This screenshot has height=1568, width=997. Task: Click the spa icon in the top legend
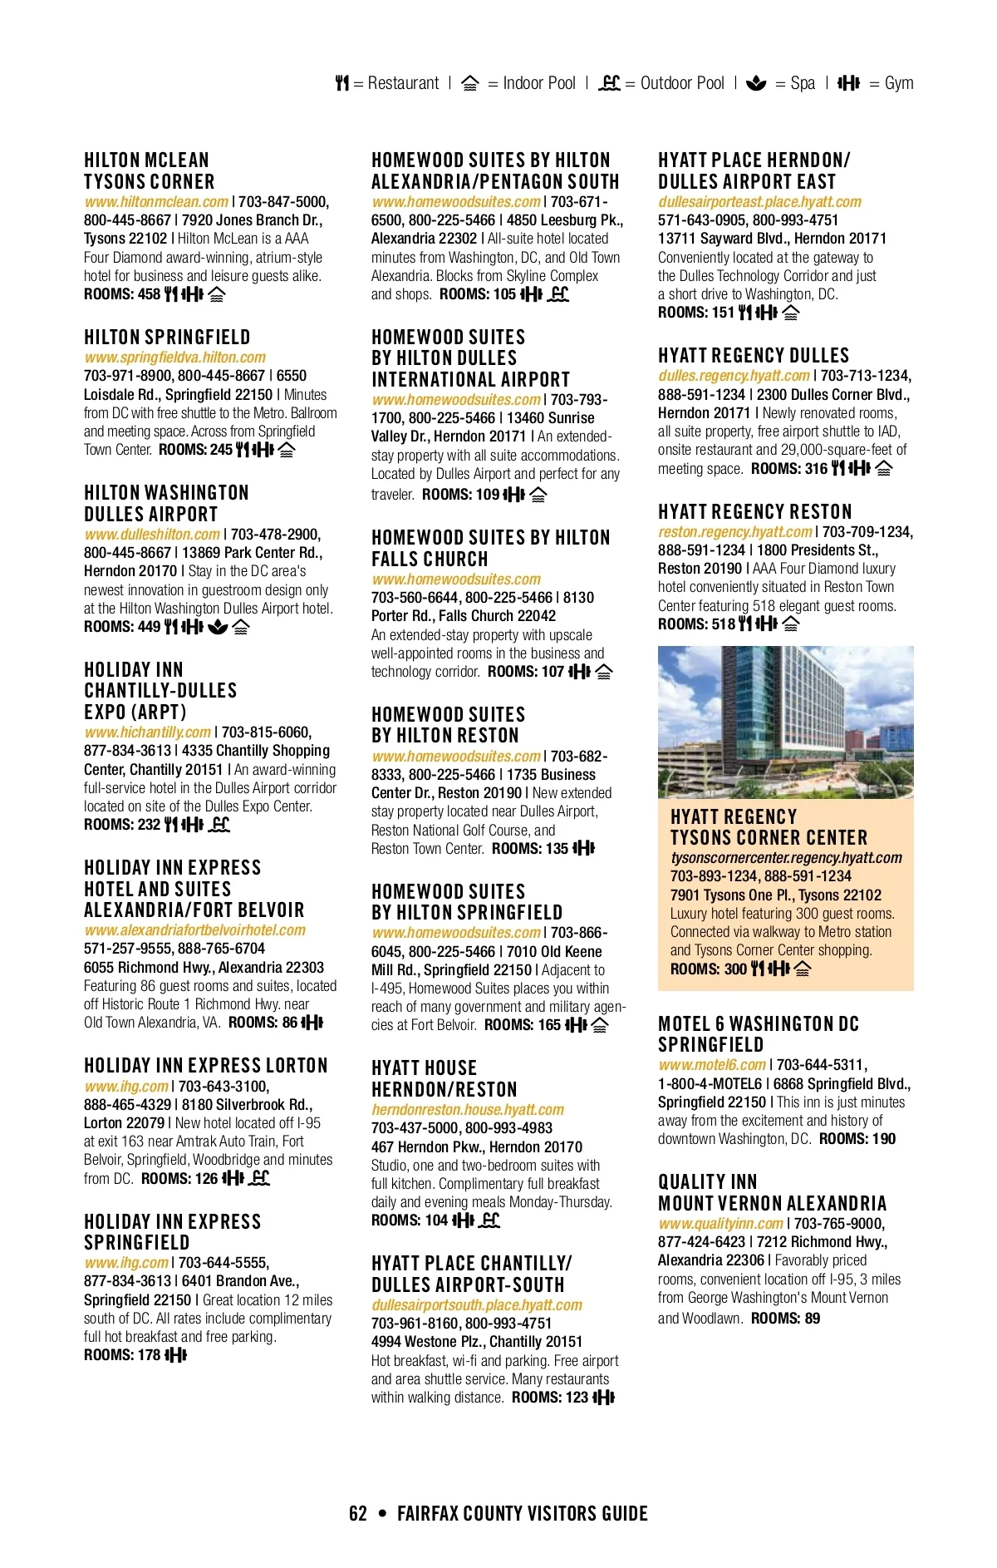tap(756, 83)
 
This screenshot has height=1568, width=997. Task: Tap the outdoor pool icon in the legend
tap(609, 83)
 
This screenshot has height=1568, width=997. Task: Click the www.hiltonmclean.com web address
tap(156, 202)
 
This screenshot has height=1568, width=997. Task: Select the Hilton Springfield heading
tap(167, 337)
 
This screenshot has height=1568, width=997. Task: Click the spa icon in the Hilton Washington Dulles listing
tap(218, 627)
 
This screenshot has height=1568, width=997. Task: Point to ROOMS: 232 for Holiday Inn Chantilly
tap(122, 825)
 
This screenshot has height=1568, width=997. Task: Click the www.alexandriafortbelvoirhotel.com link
tap(194, 930)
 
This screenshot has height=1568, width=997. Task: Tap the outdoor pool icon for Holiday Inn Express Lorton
tap(260, 1178)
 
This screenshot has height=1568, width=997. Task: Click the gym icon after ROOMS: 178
tap(176, 1355)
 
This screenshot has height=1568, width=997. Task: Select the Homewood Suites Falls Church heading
tap(490, 548)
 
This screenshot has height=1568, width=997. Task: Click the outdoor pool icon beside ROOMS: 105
tap(558, 294)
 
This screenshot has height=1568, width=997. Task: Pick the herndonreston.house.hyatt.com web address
tap(468, 1110)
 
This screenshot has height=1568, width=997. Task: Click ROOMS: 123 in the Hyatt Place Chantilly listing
tap(549, 1398)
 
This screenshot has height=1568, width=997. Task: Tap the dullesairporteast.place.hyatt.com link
tap(759, 202)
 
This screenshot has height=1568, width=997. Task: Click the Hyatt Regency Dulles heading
tap(754, 355)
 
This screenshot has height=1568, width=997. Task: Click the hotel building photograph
tap(785, 722)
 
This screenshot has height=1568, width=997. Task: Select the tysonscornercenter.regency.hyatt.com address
tap(786, 858)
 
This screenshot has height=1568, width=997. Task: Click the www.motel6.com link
tap(712, 1065)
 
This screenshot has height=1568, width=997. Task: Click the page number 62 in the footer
tap(358, 1514)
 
